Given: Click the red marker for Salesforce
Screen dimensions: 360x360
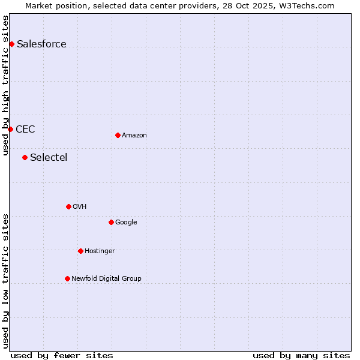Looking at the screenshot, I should (x=11, y=44).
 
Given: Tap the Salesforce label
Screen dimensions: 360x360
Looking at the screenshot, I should (x=41, y=44).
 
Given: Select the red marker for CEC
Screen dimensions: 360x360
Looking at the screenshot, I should (x=10, y=129).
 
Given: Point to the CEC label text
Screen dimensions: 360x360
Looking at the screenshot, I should (x=25, y=129).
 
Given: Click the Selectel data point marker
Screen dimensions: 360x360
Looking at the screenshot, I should (x=25, y=157).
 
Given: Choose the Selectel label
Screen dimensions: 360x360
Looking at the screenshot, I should (x=49, y=157).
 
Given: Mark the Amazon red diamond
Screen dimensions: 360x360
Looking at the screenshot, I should (x=118, y=135).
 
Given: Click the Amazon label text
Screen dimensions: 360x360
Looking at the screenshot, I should (x=134, y=135).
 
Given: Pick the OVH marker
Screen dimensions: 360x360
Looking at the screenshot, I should (x=68, y=206).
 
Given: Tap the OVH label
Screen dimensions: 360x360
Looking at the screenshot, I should (x=80, y=206).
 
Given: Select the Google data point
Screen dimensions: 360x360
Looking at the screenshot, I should (x=111, y=222).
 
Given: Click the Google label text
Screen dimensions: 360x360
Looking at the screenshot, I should (x=126, y=222).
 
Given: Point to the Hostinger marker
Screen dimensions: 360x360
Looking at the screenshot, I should (x=80, y=251).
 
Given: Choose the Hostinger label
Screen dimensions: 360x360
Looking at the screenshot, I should (x=100, y=251).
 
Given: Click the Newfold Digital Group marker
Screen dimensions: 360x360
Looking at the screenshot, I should (x=67, y=278).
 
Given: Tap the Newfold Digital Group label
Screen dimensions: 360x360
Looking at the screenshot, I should (x=106, y=278).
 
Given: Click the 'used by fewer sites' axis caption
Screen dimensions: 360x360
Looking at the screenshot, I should (x=62, y=355).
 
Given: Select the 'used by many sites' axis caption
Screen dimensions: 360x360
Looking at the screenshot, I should (x=301, y=355).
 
